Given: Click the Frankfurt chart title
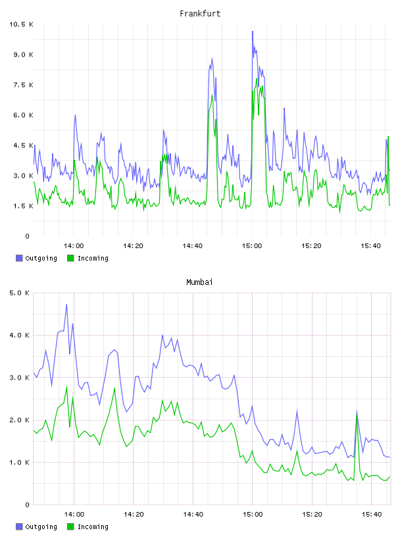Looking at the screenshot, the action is click(x=200, y=14).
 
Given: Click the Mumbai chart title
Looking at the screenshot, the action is click(x=199, y=282).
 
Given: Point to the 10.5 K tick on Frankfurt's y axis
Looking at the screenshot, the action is click(x=21, y=24).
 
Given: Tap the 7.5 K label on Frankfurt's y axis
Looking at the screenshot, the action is click(x=23, y=85).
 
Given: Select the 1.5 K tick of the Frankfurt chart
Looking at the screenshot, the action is click(x=23, y=206).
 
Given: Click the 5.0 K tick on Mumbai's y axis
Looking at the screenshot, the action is click(x=20, y=293).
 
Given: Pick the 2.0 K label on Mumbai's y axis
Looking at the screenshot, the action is click(x=20, y=421).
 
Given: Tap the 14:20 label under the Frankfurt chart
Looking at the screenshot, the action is click(x=133, y=246).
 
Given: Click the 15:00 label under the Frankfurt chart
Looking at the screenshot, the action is click(x=252, y=246).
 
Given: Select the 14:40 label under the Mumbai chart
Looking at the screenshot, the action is click(x=193, y=515).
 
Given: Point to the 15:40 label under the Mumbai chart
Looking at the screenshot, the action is click(x=372, y=515).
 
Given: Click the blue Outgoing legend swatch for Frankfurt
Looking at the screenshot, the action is click(x=19, y=258).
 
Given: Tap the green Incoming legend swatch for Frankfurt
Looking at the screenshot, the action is click(x=70, y=258).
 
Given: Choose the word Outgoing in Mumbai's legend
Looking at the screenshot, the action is click(x=41, y=526).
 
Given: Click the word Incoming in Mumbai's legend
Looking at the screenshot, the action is click(x=93, y=526).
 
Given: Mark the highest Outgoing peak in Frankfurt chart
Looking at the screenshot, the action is click(x=253, y=32).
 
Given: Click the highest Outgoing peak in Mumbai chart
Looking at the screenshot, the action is click(x=66, y=305).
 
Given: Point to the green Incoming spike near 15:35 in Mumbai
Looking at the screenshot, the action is click(x=357, y=415).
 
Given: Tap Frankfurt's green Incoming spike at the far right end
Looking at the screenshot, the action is click(x=388, y=137).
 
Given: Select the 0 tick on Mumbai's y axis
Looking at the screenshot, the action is click(x=28, y=505).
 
